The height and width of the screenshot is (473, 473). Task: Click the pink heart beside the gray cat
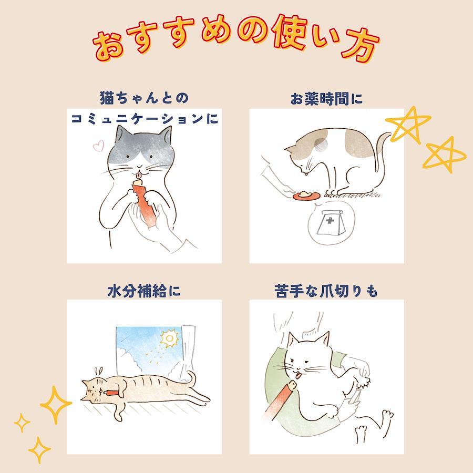(99, 146)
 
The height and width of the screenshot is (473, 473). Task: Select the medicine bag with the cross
(330, 223)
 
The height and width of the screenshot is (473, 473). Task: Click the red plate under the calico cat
(305, 196)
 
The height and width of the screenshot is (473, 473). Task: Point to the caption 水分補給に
(144, 291)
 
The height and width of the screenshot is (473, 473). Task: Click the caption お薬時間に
(327, 99)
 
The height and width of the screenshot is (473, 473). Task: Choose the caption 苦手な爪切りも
(326, 291)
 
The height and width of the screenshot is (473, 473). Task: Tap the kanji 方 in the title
(361, 46)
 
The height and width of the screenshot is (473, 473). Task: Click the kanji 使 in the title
(289, 33)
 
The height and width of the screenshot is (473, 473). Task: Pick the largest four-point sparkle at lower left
(56, 405)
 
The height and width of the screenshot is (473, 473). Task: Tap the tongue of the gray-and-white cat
(138, 174)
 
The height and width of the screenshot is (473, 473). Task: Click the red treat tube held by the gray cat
(144, 202)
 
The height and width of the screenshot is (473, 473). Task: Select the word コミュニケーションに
(145, 119)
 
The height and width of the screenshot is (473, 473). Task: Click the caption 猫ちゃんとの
(144, 98)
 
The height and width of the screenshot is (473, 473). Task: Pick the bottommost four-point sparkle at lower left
(39, 450)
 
